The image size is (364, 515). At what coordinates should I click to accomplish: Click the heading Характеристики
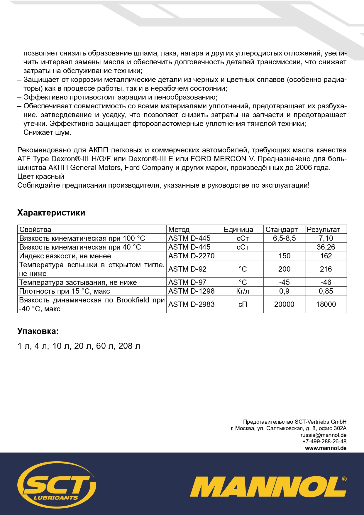click(51, 213)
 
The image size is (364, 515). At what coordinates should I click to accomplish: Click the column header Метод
click(179, 229)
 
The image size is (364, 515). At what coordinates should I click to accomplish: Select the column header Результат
click(324, 229)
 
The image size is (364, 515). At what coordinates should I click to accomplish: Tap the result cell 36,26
click(326, 247)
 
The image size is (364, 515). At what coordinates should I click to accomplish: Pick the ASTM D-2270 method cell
click(191, 256)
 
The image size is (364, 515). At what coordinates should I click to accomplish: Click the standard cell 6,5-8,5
click(284, 238)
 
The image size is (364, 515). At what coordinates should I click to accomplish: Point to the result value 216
click(326, 269)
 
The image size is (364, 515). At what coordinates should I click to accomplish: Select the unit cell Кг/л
click(243, 291)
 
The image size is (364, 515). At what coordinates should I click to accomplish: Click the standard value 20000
click(284, 304)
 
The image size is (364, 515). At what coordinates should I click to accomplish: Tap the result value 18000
click(326, 304)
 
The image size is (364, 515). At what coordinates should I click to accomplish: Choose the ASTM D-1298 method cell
click(191, 291)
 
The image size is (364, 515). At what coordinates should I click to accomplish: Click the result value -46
click(326, 282)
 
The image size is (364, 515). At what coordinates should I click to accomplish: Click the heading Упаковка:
click(38, 331)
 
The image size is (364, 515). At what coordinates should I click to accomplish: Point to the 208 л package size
click(129, 346)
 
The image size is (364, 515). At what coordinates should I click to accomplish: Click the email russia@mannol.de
click(323, 435)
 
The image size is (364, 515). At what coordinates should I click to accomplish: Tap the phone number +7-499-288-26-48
click(324, 442)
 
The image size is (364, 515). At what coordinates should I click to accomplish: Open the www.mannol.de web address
click(326, 448)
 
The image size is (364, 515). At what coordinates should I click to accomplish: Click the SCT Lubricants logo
click(57, 485)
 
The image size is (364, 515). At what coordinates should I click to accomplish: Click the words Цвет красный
click(40, 176)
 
